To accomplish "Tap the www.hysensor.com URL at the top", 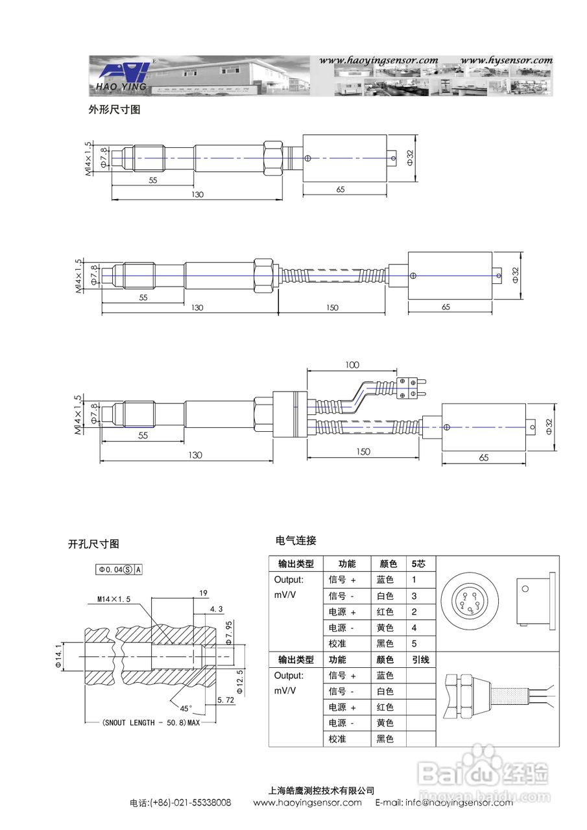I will (x=507, y=60).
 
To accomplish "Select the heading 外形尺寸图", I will (x=114, y=110).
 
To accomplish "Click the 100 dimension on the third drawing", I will (x=352, y=365).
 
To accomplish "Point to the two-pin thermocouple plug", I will (x=410, y=388).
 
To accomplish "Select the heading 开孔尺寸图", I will (x=93, y=544).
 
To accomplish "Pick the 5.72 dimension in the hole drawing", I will (x=226, y=700).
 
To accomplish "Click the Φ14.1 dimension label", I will (x=58, y=655).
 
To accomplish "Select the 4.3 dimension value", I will (x=217, y=609).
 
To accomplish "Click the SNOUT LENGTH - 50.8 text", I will (x=150, y=722).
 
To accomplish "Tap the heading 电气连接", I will (x=296, y=540).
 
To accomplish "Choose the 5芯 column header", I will (x=419, y=563).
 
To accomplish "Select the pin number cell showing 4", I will (x=414, y=628).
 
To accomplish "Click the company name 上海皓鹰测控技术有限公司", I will (x=321, y=790).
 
